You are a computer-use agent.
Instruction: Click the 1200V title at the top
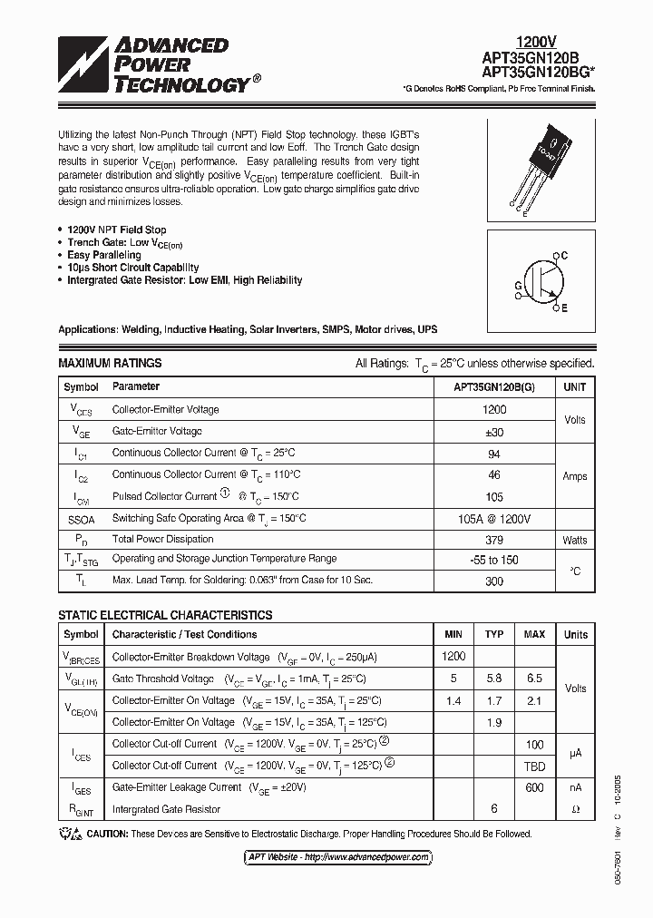pyautogui.click(x=536, y=42)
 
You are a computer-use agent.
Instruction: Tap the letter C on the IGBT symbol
pyautogui.click(x=563, y=256)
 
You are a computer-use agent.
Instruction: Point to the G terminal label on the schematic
pyautogui.click(x=518, y=284)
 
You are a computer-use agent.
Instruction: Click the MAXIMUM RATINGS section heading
pyautogui.click(x=110, y=363)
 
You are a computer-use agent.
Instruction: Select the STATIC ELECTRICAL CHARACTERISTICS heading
pyautogui.click(x=165, y=615)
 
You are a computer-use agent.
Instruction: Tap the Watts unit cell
pyautogui.click(x=574, y=540)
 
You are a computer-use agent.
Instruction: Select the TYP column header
pyautogui.click(x=493, y=634)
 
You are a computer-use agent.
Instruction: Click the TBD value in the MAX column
pyautogui.click(x=534, y=766)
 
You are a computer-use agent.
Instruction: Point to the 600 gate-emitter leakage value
pyautogui.click(x=534, y=787)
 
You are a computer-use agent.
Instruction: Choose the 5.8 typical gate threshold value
pyautogui.click(x=493, y=679)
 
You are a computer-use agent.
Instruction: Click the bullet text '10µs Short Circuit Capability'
pyautogui.click(x=132, y=268)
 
